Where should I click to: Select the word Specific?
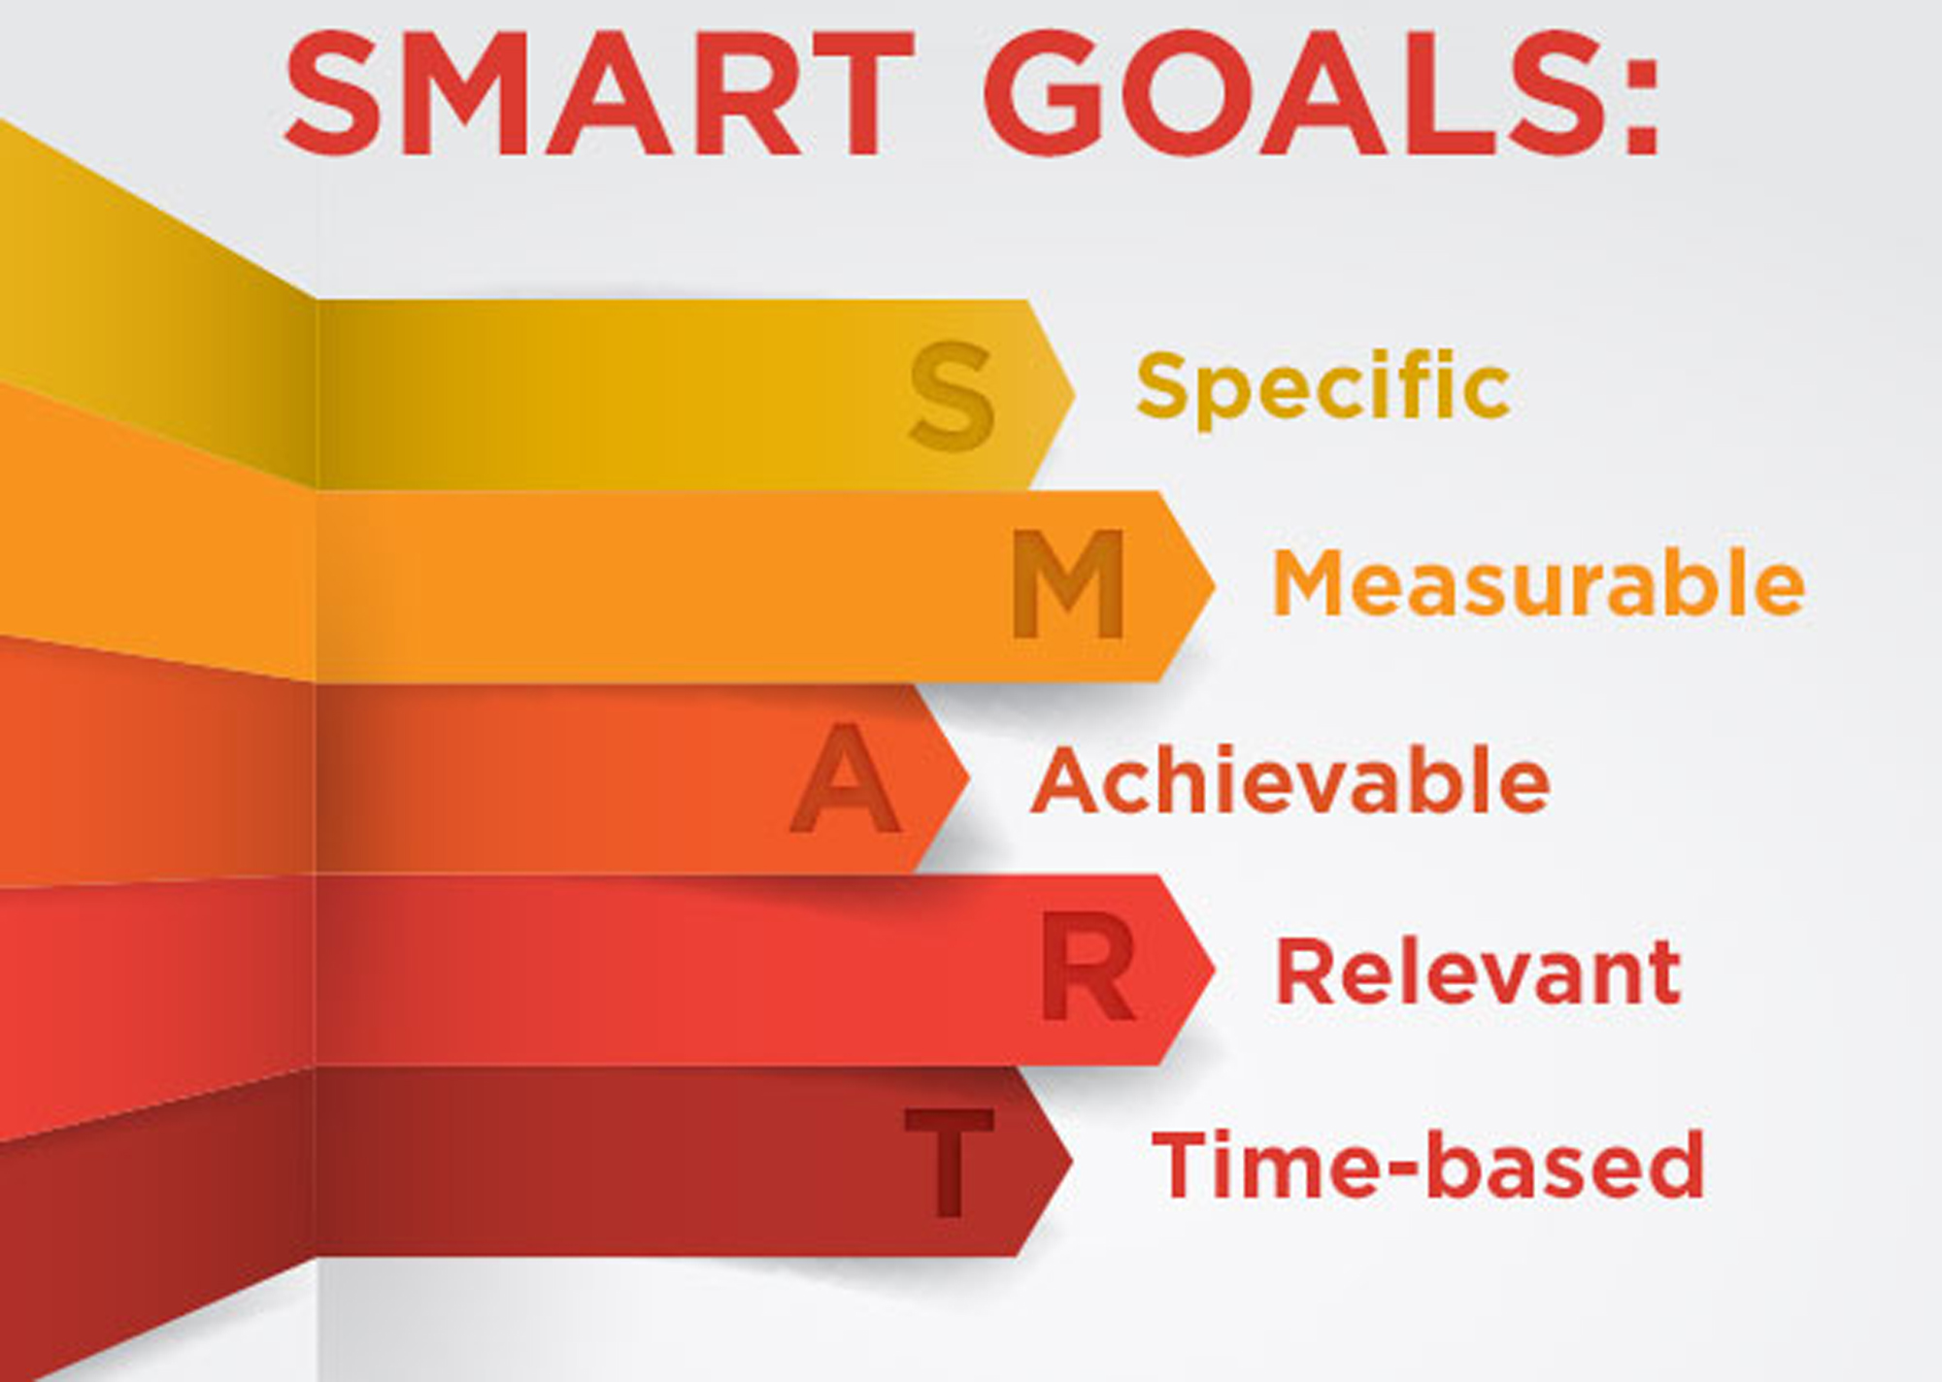pyautogui.click(x=1323, y=386)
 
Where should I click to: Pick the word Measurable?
pyautogui.click(x=1538, y=582)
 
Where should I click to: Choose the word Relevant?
pyautogui.click(x=1477, y=972)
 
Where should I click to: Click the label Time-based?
pyautogui.click(x=1427, y=1165)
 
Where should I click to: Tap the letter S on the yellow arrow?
pyautogui.click(x=952, y=395)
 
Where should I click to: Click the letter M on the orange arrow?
pyautogui.click(x=1068, y=584)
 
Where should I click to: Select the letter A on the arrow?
pyautogui.click(x=845, y=779)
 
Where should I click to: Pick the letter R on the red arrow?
pyautogui.click(x=1088, y=969)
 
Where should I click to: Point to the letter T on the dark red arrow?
pyautogui.click(x=949, y=1162)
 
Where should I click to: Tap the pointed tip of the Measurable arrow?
pyautogui.click(x=1211, y=585)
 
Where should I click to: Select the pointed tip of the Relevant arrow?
pyautogui.click(x=1211, y=969)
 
